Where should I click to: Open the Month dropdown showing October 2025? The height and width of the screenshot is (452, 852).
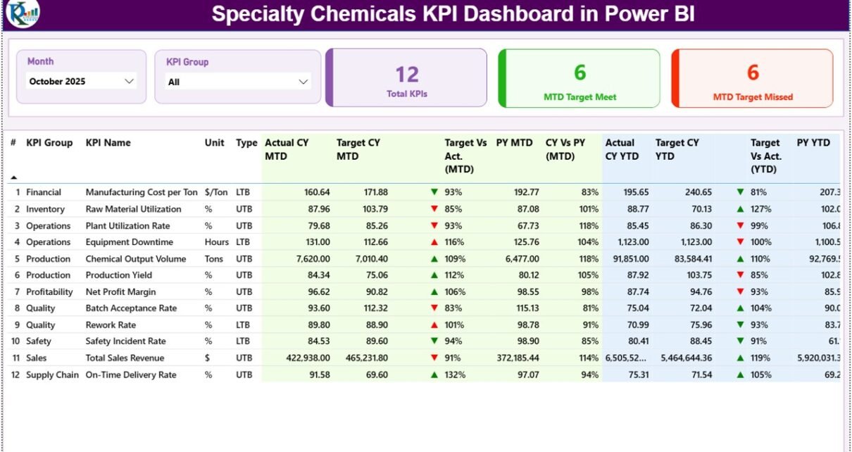[81, 82]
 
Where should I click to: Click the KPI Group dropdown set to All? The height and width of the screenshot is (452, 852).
[239, 82]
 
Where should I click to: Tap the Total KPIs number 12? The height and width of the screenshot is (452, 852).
[407, 75]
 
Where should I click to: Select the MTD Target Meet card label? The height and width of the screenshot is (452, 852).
[580, 97]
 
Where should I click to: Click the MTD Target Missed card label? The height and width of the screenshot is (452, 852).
[753, 97]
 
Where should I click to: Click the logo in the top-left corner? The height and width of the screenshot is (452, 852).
[22, 14]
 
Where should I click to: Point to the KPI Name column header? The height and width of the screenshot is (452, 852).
[108, 143]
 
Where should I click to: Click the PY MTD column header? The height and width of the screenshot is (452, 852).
[514, 143]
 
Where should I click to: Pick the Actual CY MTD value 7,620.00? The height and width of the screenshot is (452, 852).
[309, 259]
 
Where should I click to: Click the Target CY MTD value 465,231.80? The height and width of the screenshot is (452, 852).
[363, 358]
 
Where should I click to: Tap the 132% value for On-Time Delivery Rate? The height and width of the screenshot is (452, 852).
[455, 375]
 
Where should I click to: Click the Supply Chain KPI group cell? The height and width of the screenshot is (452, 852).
[52, 375]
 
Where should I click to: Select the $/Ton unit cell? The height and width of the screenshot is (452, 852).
[215, 192]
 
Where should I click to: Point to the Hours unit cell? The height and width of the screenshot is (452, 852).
[216, 242]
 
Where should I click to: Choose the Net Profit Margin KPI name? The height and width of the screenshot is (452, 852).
[120, 291]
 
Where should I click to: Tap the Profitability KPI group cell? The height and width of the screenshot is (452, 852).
[49, 291]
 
